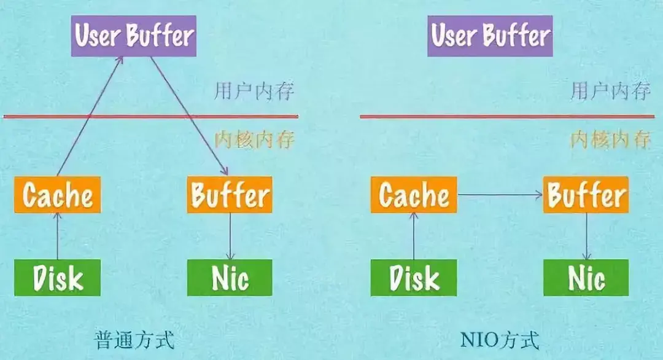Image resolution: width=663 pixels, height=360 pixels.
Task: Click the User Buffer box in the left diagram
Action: click(133, 36)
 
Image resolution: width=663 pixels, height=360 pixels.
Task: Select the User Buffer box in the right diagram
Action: click(490, 36)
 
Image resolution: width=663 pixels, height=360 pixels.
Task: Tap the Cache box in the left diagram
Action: click(58, 195)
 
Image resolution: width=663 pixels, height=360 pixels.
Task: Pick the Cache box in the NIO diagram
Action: click(414, 195)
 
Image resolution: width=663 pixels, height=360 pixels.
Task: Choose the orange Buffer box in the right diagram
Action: click(586, 195)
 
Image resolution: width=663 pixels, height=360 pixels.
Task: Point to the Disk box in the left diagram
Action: click(58, 278)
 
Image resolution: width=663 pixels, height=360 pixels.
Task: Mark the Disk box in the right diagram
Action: click(414, 278)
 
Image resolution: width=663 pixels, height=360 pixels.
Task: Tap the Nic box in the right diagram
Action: click(586, 278)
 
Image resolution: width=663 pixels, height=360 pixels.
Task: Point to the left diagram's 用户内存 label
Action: click(254, 92)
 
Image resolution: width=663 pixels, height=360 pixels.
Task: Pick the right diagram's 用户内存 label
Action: click(610, 92)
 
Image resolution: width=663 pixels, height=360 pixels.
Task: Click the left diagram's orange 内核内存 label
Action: click(254, 139)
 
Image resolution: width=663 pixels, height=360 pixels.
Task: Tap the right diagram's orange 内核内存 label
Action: click(610, 139)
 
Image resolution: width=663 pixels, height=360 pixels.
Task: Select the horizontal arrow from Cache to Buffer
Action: click(500, 195)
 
